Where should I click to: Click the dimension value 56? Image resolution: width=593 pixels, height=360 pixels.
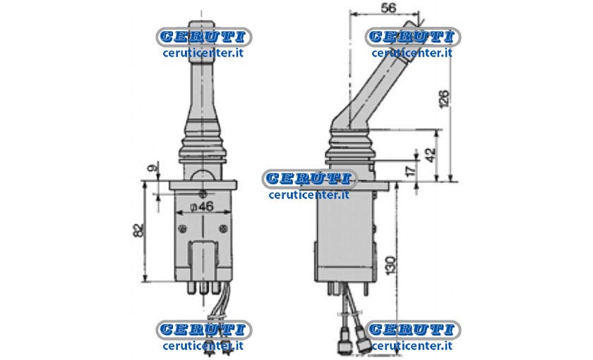click(x=388, y=8)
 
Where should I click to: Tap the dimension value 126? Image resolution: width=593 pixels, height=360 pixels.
click(x=445, y=99)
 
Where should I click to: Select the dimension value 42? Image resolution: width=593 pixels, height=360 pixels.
click(x=431, y=155)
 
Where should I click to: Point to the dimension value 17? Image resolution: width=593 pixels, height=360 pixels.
click(x=410, y=170)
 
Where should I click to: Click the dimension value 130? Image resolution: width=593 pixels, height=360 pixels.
click(x=391, y=264)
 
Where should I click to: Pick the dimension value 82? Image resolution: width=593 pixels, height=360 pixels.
click(x=139, y=230)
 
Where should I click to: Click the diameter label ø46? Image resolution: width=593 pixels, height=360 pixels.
click(x=203, y=206)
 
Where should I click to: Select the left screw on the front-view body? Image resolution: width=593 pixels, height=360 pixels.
click(x=183, y=229)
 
